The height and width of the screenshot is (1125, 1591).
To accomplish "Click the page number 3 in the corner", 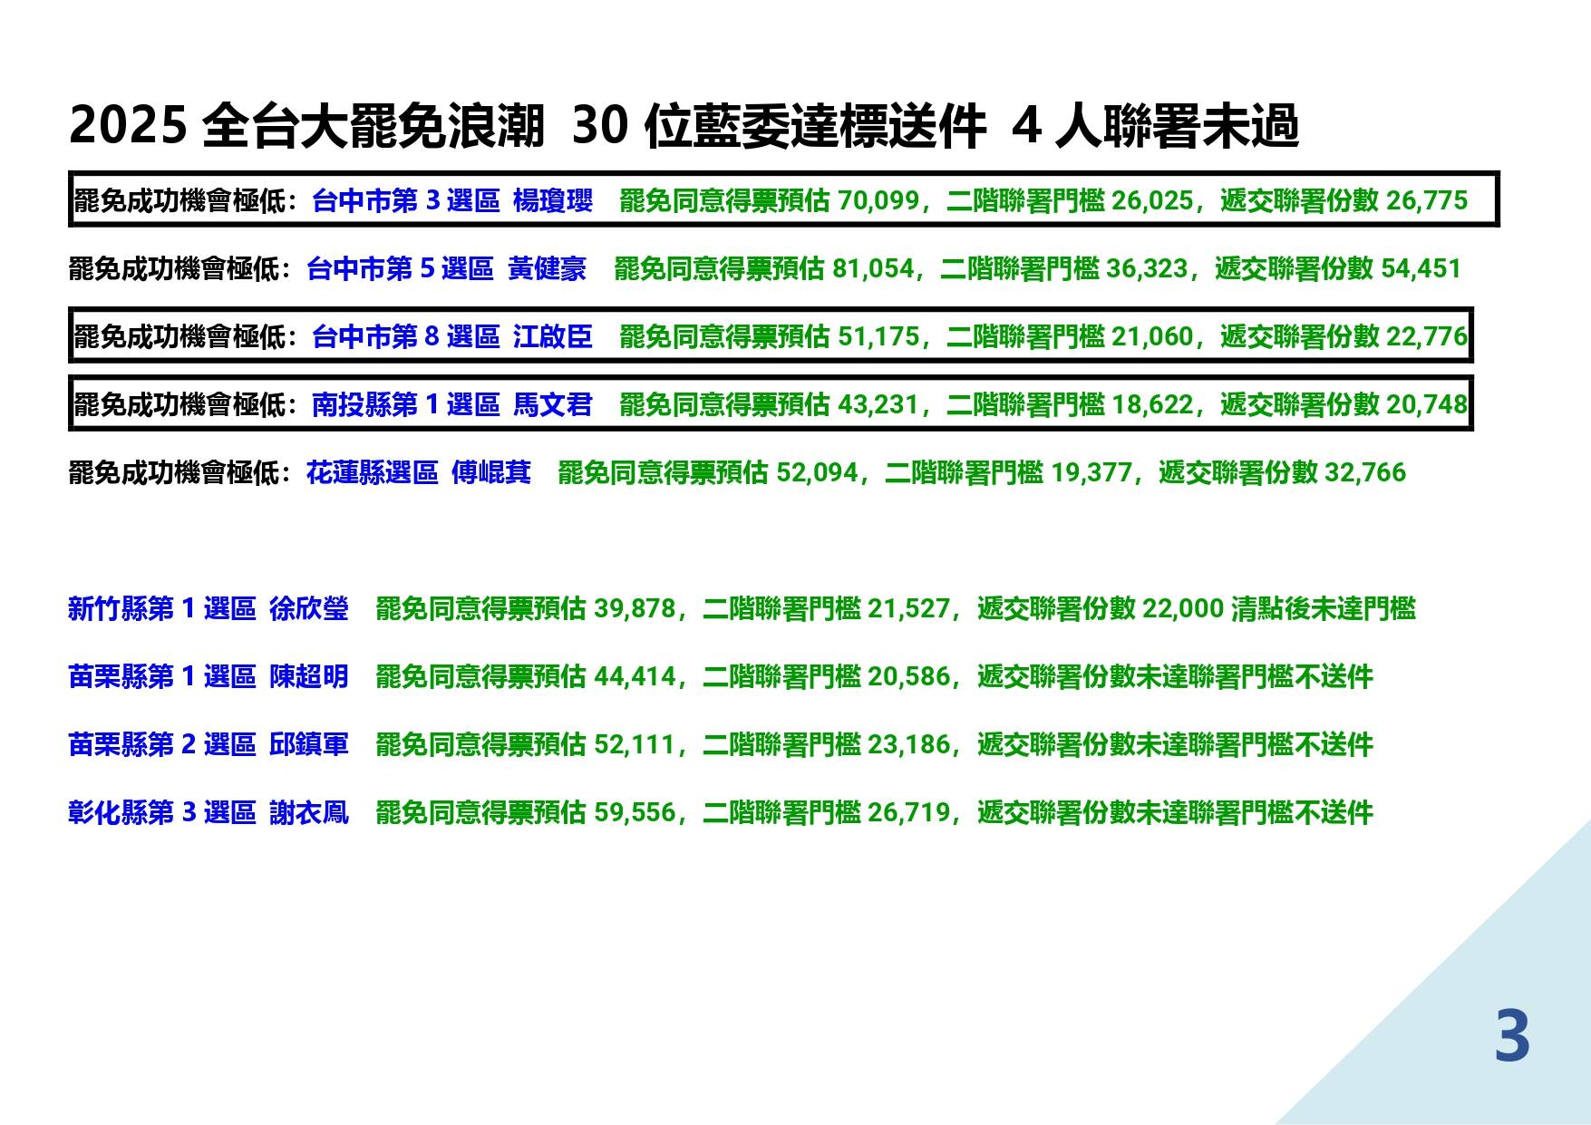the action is pyautogui.click(x=1512, y=1036).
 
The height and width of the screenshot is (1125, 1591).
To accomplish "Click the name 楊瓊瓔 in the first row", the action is pyautogui.click(x=553, y=200).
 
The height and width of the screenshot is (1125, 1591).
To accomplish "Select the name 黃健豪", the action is pyautogui.click(x=547, y=268).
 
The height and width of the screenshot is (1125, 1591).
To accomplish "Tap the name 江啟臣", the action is pyautogui.click(x=553, y=336).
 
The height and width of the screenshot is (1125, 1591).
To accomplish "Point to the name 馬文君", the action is pyautogui.click(x=553, y=404).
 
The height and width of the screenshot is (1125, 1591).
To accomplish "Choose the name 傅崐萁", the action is pyautogui.click(x=491, y=472).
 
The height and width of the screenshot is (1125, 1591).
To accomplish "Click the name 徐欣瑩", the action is pyautogui.click(x=309, y=608).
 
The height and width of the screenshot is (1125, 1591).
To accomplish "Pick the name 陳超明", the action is pyautogui.click(x=309, y=676).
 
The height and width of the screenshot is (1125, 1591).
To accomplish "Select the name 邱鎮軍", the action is pyautogui.click(x=309, y=744).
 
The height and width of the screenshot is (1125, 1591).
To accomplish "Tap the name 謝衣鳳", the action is pyautogui.click(x=309, y=812).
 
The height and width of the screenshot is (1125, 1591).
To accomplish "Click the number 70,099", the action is pyautogui.click(x=878, y=200).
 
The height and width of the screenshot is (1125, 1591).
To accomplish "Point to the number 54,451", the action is pyautogui.click(x=1421, y=268).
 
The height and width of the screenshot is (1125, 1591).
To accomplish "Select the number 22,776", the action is pyautogui.click(x=1427, y=336).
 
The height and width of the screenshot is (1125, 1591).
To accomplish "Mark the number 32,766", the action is pyautogui.click(x=1365, y=472).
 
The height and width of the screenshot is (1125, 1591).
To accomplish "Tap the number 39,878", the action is pyautogui.click(x=635, y=608).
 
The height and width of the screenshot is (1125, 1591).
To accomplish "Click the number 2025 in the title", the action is pyautogui.click(x=127, y=125).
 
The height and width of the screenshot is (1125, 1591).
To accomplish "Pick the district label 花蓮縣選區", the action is pyautogui.click(x=373, y=472).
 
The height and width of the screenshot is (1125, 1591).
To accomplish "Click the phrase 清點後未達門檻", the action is pyautogui.click(x=1324, y=608).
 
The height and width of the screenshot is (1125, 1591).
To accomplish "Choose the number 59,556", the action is pyautogui.click(x=635, y=812).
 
